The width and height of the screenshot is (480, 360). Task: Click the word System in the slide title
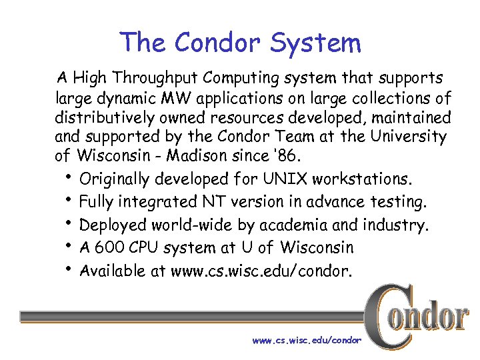click(x=316, y=43)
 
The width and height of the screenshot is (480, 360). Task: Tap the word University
click(x=407, y=137)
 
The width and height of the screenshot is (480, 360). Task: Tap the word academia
click(x=289, y=225)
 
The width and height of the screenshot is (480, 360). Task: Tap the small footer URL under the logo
click(x=307, y=341)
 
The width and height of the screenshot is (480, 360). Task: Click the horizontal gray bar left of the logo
click(x=193, y=317)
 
